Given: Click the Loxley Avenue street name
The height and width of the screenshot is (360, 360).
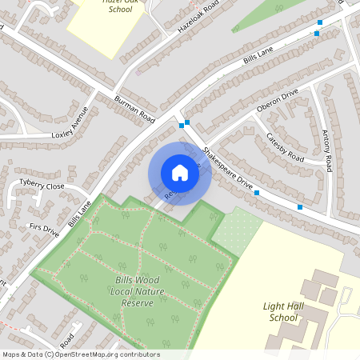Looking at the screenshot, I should point(69,121).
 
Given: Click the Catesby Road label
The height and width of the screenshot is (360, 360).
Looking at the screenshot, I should point(285,146).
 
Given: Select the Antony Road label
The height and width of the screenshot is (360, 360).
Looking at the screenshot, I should point(326,150).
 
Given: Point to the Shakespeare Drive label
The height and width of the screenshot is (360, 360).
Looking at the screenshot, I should point(226,168).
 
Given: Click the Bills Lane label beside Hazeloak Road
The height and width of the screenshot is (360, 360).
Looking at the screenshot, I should point(258,58).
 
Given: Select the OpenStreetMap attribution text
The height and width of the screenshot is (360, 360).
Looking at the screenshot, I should point(81,354).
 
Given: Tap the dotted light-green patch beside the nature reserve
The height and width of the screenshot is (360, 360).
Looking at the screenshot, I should point(237,231).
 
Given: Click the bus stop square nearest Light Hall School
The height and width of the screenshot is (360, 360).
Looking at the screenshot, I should point(300,207).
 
